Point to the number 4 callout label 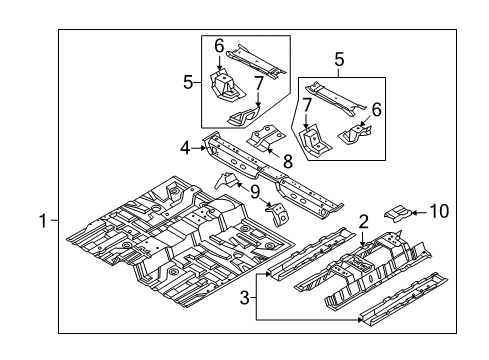click(186, 149)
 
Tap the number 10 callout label click(439, 238)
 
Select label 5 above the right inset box click(339, 60)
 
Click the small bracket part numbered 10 click(399, 238)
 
